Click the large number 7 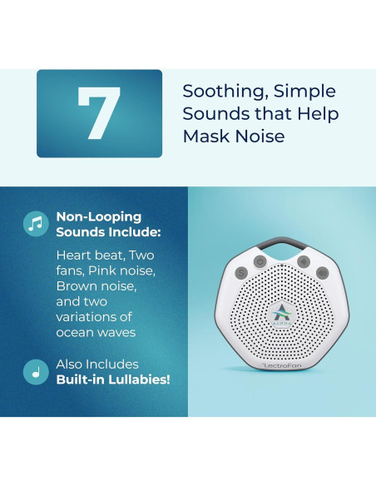[99, 113]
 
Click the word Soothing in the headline [219, 92]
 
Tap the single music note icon [36, 371]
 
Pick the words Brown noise [94, 286]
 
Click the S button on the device [242, 272]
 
